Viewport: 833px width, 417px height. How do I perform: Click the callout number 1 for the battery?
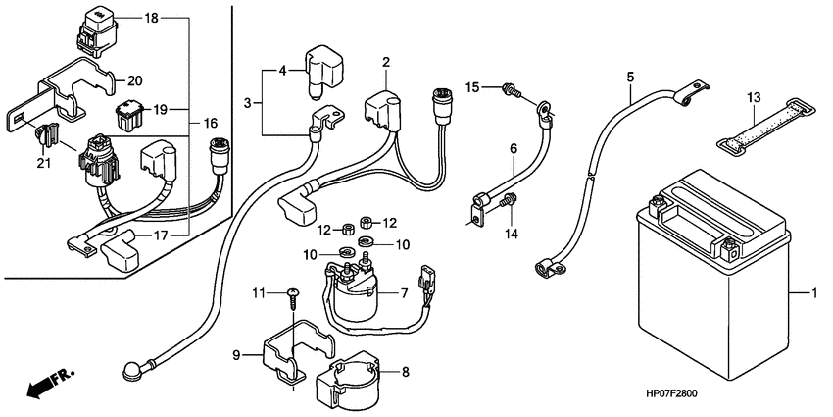tap(813, 293)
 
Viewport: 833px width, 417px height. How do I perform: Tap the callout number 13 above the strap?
tap(754, 98)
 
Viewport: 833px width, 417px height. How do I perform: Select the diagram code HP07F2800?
tap(672, 394)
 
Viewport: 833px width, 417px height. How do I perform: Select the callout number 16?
tap(211, 124)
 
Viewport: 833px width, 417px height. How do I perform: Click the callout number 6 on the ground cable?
tap(514, 149)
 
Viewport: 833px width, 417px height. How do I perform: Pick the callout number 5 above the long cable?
tap(630, 77)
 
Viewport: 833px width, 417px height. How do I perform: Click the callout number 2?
tap(386, 61)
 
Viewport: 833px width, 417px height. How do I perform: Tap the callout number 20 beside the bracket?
tap(135, 80)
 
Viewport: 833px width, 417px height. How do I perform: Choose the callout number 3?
tap(247, 103)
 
